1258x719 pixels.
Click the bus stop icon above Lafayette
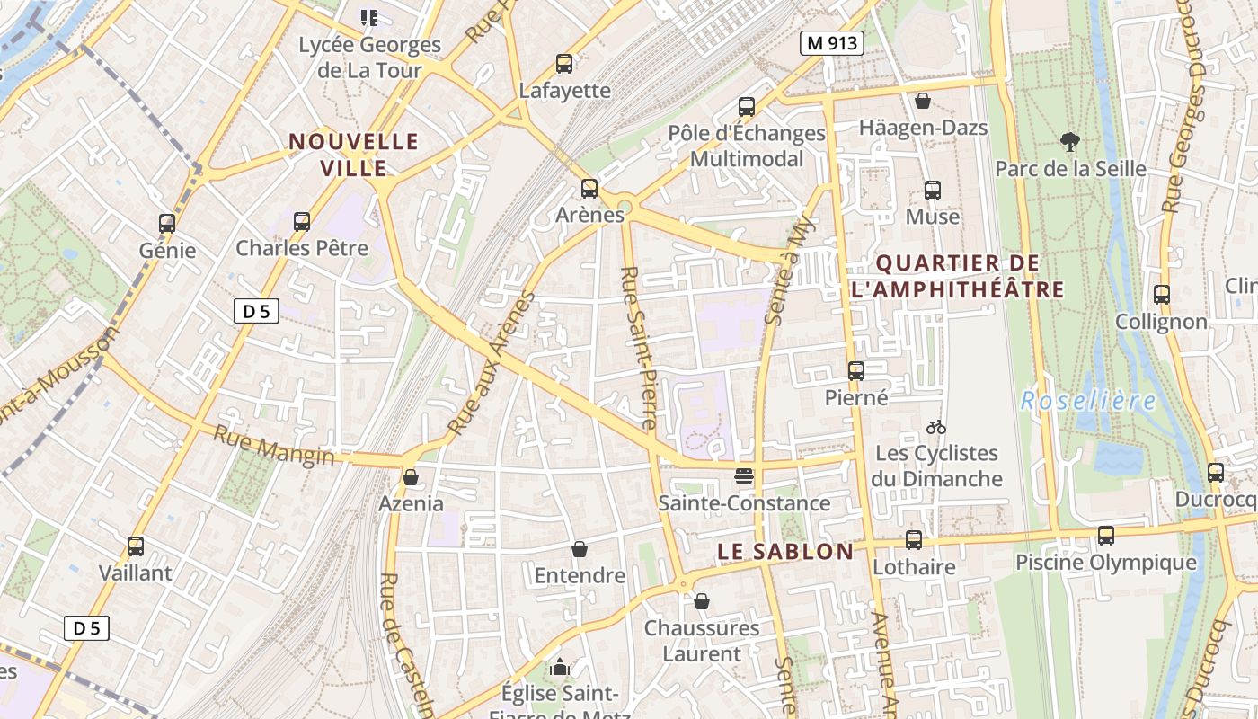(564, 64)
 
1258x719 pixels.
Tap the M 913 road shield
(832, 42)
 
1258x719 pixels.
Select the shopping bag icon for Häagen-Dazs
(922, 101)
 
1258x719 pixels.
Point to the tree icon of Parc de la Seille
(1069, 141)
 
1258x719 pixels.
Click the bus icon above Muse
(933, 191)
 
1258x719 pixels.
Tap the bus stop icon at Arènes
(589, 189)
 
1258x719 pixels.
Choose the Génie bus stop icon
(167, 224)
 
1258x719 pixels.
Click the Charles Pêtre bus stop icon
(302, 221)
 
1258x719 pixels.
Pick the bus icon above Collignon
(1161, 295)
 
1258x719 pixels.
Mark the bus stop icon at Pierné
(856, 370)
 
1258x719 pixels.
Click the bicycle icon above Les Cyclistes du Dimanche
(936, 427)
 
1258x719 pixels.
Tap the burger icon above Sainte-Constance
(744, 476)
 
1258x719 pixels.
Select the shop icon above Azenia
(411, 477)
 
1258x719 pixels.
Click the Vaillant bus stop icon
(136, 546)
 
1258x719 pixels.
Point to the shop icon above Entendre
(580, 549)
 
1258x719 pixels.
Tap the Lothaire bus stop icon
(914, 540)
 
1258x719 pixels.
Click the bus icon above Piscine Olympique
(1106, 536)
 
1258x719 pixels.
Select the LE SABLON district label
(785, 552)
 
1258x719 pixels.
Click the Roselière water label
(1087, 400)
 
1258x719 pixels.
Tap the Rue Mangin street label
(273, 446)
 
